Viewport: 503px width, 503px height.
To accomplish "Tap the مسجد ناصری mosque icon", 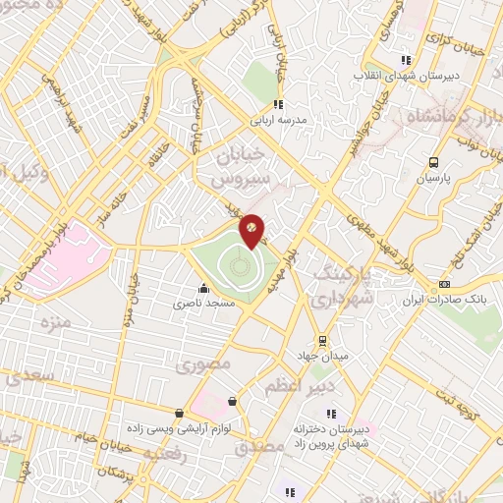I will click(203, 288).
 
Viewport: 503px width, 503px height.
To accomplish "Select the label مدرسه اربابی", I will click(280, 119).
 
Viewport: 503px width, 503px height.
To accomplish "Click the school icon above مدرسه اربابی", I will click(279, 103).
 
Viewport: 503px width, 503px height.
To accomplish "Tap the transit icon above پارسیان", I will click(433, 163).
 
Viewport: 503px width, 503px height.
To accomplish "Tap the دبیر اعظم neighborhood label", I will click(291, 388).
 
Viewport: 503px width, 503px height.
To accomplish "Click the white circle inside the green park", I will click(235, 264).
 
